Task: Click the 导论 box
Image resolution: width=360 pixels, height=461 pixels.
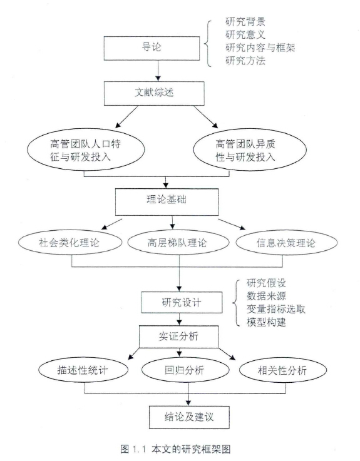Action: [152, 48]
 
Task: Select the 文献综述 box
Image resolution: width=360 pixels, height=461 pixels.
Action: [154, 93]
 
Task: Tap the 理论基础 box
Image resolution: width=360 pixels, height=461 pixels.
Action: [167, 202]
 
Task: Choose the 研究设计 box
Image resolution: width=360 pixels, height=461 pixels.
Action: [182, 302]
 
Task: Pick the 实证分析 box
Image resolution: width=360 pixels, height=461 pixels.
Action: [179, 337]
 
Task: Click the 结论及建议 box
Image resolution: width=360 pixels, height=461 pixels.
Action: [189, 417]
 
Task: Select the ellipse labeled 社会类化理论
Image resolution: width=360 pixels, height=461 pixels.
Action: [70, 243]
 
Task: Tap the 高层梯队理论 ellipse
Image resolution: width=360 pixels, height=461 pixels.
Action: [178, 243]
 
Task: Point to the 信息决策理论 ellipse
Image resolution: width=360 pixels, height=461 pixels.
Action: [286, 243]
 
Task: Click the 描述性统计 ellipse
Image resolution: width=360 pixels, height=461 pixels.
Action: [83, 370]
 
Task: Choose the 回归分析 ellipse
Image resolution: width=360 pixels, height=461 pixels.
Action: [185, 370]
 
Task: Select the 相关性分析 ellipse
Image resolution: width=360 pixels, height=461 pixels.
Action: [283, 370]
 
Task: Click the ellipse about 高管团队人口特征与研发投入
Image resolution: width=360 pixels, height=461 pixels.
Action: [86, 149]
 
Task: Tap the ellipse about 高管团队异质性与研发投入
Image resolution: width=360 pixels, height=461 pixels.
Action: [250, 149]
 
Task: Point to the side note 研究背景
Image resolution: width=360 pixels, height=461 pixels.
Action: [245, 21]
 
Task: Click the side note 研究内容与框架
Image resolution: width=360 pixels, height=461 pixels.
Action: [260, 48]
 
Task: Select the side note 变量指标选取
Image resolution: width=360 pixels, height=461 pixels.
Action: [276, 309]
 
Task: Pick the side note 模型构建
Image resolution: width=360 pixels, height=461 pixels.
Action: [266, 322]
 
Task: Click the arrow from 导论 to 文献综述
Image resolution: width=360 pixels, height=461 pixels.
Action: [158, 71]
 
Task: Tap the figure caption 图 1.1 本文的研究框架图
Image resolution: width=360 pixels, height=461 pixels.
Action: [175, 449]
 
